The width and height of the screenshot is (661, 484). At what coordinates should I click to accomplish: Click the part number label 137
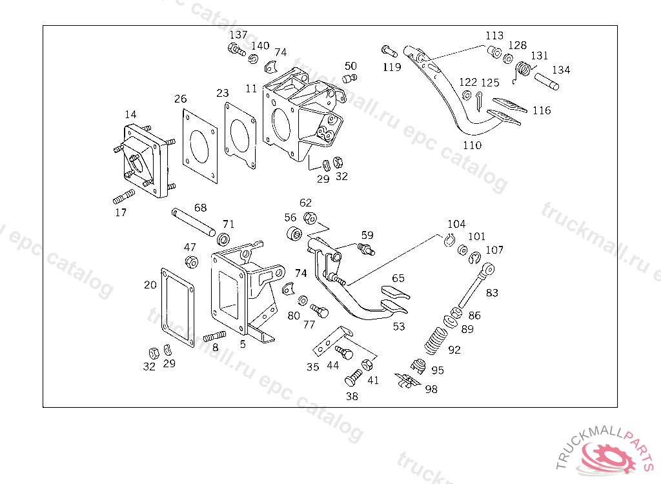238,34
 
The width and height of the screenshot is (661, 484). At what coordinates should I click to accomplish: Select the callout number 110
472,145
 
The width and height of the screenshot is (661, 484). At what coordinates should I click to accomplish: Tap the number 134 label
560,70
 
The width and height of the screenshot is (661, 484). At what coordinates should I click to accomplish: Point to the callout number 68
201,208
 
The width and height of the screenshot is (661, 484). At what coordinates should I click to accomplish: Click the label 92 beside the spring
454,350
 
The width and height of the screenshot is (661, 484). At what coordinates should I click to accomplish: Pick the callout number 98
431,388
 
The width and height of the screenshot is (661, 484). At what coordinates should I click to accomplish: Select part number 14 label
131,114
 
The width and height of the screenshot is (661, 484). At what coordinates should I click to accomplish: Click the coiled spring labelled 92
437,340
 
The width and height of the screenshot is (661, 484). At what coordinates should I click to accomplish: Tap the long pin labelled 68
192,223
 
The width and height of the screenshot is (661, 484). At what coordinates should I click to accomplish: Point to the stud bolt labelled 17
123,196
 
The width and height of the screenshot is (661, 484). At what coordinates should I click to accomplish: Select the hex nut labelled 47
191,261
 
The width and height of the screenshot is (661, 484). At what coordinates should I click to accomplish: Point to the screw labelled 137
236,48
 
